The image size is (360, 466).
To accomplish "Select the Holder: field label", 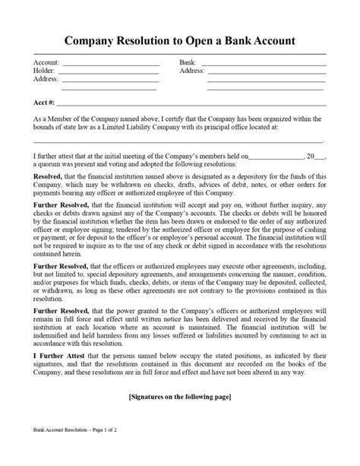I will click(x=45, y=71).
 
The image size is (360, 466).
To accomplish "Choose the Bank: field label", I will click(x=188, y=62).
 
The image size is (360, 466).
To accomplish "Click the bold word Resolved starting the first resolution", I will click(x=49, y=179).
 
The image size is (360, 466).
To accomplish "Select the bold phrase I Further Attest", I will click(x=60, y=353).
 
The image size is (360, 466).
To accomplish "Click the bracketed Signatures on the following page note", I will click(x=180, y=397).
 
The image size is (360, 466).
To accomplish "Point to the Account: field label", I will click(x=46, y=62).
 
